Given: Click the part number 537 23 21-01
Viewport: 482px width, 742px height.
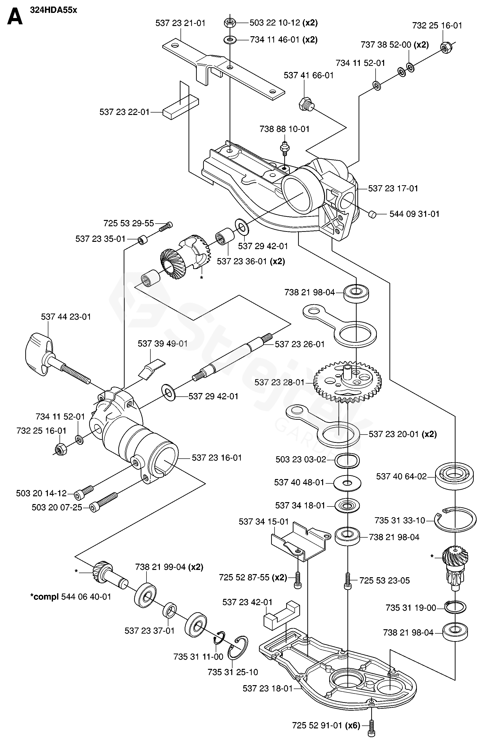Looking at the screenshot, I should pos(181,23).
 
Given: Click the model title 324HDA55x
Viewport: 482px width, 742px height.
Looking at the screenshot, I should pos(53,10).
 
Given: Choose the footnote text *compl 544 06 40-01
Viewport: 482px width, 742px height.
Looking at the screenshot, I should pos(71,597).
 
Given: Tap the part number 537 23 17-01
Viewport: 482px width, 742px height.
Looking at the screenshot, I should pos(393,188).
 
